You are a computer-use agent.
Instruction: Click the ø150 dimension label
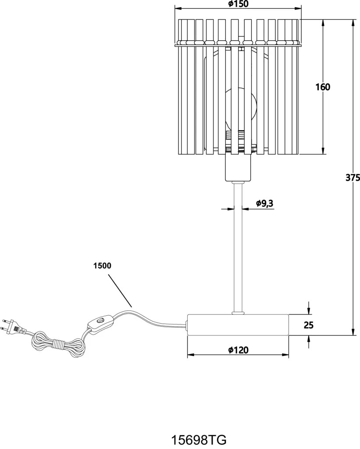(x=238, y=4)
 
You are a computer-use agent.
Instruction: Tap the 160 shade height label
(x=323, y=87)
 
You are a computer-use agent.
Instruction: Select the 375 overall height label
(x=353, y=178)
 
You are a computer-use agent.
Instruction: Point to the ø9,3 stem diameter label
(x=265, y=203)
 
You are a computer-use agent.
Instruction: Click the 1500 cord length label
(x=102, y=266)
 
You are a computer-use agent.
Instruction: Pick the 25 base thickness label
(x=308, y=325)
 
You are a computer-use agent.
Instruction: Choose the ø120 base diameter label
(x=238, y=349)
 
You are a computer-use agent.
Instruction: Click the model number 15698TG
(x=199, y=439)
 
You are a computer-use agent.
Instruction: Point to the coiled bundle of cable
(x=59, y=344)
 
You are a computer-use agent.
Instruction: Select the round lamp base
(x=238, y=325)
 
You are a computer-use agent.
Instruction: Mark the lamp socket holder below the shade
(x=238, y=167)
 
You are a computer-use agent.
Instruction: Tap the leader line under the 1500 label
(x=120, y=291)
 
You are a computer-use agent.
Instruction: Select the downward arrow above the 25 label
(x=308, y=308)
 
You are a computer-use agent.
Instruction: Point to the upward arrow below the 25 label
(x=308, y=342)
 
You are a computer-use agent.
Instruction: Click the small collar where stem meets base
(x=238, y=313)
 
